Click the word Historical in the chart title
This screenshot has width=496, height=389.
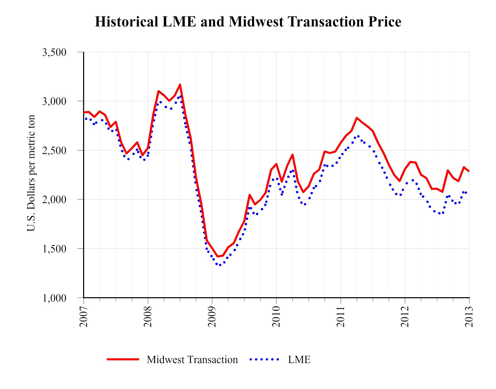[x=126, y=22]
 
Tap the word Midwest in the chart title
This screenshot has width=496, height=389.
[x=256, y=22]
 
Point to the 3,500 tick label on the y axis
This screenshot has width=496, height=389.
[x=54, y=52]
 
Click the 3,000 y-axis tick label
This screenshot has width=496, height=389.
[x=54, y=101]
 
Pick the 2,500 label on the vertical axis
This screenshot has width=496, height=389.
[x=54, y=150]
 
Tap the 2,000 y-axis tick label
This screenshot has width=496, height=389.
[x=54, y=199]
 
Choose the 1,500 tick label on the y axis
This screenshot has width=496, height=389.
[x=54, y=249]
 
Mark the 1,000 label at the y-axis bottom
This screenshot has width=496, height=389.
[x=54, y=298]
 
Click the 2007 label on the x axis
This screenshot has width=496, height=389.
[x=83, y=316]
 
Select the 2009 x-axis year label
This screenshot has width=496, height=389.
[x=212, y=316]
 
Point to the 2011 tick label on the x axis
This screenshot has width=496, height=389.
[x=340, y=316]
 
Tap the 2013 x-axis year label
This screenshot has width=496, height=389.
[x=469, y=316]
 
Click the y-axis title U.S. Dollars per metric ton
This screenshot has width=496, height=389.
[x=31, y=173]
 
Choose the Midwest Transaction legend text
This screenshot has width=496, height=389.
[x=192, y=360]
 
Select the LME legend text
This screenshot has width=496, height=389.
[x=299, y=360]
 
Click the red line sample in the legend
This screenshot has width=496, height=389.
[x=123, y=359]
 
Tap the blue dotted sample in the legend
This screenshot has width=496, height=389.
[x=264, y=359]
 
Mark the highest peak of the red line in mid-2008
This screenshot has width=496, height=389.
[x=180, y=85]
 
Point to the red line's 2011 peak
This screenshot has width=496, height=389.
[x=357, y=118]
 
